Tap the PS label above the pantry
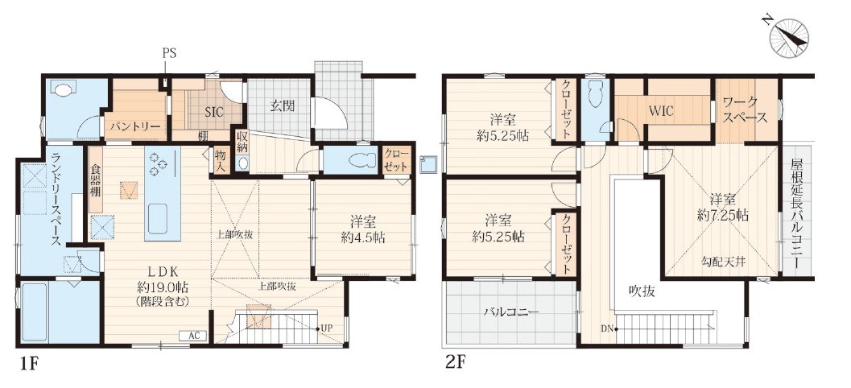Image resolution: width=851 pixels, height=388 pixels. point(169,53)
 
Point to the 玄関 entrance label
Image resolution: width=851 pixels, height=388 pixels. point(283,106)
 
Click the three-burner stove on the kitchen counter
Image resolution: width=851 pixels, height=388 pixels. point(158,164)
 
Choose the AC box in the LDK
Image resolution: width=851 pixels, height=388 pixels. point(193,336)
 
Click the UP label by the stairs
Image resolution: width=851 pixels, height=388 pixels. point(327,328)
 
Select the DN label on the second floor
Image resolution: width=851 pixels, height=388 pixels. point(607,328)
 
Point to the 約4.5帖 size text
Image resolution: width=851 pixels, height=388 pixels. point(364,237)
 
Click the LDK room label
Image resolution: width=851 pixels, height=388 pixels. point(161,272)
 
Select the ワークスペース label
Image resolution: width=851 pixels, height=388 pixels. point(745,110)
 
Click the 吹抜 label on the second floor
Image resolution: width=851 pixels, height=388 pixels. point(642,291)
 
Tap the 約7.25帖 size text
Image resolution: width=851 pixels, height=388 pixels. point(723,216)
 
